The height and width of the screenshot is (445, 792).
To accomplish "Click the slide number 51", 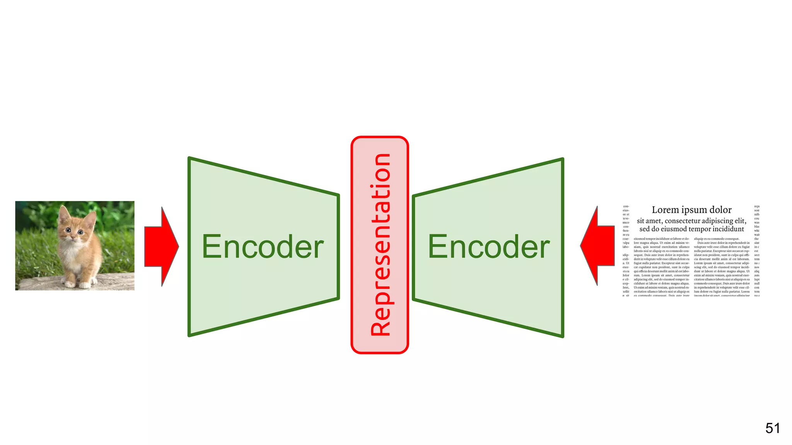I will click(772, 428).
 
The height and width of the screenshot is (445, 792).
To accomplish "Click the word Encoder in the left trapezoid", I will click(263, 247).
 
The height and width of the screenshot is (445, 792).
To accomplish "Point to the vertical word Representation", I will click(380, 245).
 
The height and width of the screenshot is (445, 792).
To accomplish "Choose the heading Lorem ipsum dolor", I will click(691, 210).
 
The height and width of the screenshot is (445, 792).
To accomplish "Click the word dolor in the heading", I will click(720, 210).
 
